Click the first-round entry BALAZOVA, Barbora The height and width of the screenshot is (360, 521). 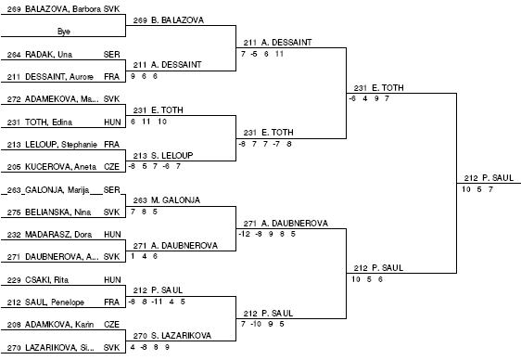pyautogui.click(x=63, y=9)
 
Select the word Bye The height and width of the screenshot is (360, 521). pyautogui.click(x=64, y=32)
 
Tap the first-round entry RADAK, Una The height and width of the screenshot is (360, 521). pyautogui.click(x=48, y=54)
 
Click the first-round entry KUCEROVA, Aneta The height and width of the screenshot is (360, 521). pyautogui.click(x=60, y=166)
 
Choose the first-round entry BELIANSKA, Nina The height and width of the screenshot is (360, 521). pyautogui.click(x=57, y=212)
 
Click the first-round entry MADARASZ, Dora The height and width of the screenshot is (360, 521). pyautogui.click(x=58, y=235)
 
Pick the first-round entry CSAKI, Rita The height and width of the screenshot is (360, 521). pyautogui.click(x=47, y=280)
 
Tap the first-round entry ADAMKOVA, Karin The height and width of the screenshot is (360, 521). pyautogui.click(x=59, y=324)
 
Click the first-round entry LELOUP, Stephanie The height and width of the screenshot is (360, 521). pyautogui.click(x=61, y=144)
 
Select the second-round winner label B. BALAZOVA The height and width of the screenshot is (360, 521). pyautogui.click(x=177, y=20)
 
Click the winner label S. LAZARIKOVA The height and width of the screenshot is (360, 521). pyautogui.click(x=181, y=336)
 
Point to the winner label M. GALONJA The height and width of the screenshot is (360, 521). pyautogui.click(x=175, y=200)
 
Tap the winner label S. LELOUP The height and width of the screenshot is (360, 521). pyautogui.click(x=172, y=155)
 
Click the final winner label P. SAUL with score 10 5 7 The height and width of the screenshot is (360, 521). pyautogui.click(x=498, y=178)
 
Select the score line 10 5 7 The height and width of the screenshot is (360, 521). pyautogui.click(x=477, y=189)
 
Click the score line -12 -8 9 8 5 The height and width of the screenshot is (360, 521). pyautogui.click(x=267, y=234)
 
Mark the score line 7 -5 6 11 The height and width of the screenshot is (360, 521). pyautogui.click(x=262, y=54)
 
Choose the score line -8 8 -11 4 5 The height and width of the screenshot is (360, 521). pyautogui.click(x=157, y=302)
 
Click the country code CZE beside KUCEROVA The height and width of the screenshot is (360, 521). pyautogui.click(x=111, y=166)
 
